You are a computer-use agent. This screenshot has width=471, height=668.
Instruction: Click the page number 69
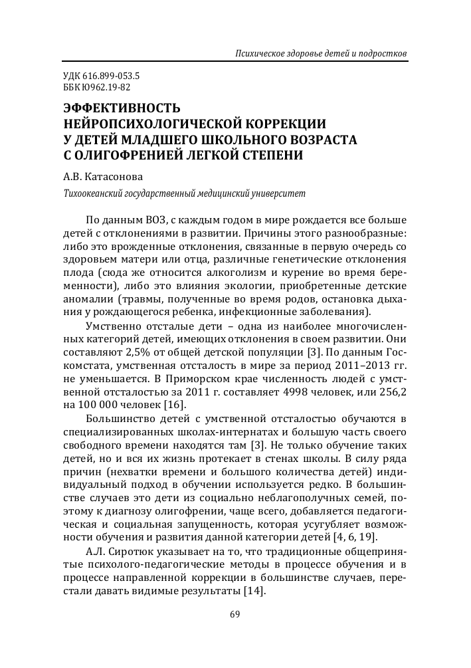click(x=235, y=613)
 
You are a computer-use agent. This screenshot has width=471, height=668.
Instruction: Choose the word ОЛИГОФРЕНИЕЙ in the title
click(x=126, y=157)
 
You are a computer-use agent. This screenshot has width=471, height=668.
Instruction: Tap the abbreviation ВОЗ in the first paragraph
click(x=167, y=220)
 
